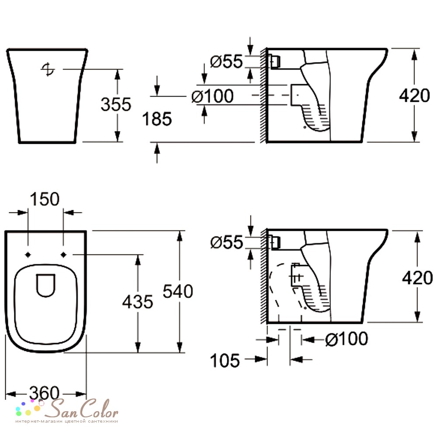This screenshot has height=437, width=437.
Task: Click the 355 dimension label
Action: pos(116,104)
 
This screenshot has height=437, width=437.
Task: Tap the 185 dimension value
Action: pos(157,119)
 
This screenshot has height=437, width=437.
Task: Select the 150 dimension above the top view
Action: pos(45,199)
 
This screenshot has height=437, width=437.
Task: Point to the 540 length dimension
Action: pos(178,291)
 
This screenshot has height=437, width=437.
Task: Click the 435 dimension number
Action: pos(138,302)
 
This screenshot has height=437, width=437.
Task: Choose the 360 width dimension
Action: pos(45,393)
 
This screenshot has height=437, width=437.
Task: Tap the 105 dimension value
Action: pos(225,361)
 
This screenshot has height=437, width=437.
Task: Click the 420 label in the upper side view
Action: pos(414,96)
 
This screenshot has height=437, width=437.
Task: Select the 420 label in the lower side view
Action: pos(417,278)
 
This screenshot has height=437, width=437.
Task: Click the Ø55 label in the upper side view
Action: pos(226,61)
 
